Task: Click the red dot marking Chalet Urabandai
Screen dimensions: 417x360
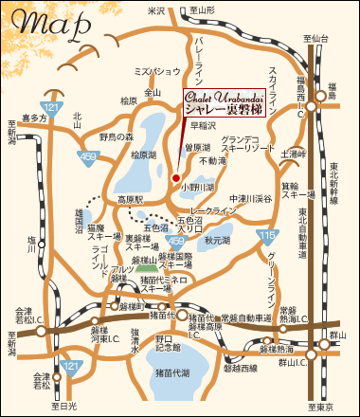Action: pyautogui.click(x=176, y=176)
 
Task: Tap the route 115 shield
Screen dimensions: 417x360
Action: pyautogui.click(x=270, y=233)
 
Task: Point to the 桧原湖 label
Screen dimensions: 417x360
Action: pyautogui.click(x=143, y=154)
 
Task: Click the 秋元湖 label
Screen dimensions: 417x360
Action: pyautogui.click(x=219, y=241)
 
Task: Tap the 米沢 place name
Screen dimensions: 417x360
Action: pyautogui.click(x=157, y=9)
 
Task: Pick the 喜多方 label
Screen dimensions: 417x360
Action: pyautogui.click(x=34, y=118)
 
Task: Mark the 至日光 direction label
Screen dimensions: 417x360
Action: pyautogui.click(x=67, y=406)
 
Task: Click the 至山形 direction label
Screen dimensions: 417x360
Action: pyautogui.click(x=201, y=9)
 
